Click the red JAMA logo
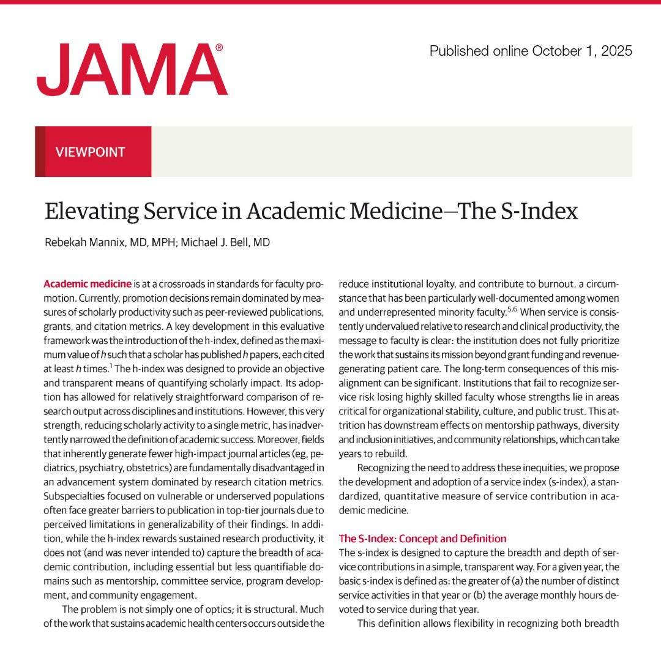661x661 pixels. click(132, 70)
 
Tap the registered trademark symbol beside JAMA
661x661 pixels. click(220, 47)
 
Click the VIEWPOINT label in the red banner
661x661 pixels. click(91, 152)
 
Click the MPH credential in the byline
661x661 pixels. click(149, 242)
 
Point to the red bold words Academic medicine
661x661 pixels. click(88, 283)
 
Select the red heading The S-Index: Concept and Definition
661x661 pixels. click(422, 539)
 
